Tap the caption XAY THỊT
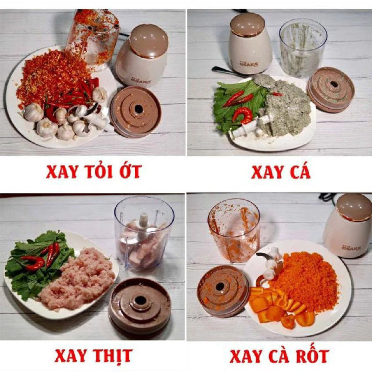[93, 355]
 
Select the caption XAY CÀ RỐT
[279, 356]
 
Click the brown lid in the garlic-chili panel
[136, 111]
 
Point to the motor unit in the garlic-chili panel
[142, 56]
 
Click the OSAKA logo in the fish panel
[249, 63]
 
